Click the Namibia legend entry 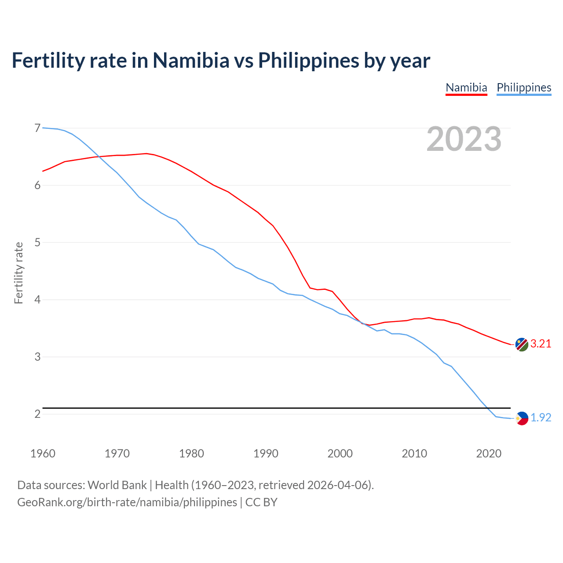pos(466,88)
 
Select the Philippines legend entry pos(524,88)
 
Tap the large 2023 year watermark pos(464,139)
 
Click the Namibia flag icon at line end pos(522,345)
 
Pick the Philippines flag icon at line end pos(522,418)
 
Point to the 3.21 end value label pos(541,344)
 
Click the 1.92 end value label pos(541,418)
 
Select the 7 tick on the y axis pos(37,128)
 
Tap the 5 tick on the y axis pos(37,242)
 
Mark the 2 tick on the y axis pos(37,414)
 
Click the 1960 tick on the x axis pos(43,453)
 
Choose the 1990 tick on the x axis pos(266,453)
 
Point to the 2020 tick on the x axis pos(489,453)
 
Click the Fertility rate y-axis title pos(18,273)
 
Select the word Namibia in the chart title pos(191,60)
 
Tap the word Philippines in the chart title pos(308,60)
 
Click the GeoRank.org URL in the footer pos(127,502)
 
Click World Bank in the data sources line pos(117,485)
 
